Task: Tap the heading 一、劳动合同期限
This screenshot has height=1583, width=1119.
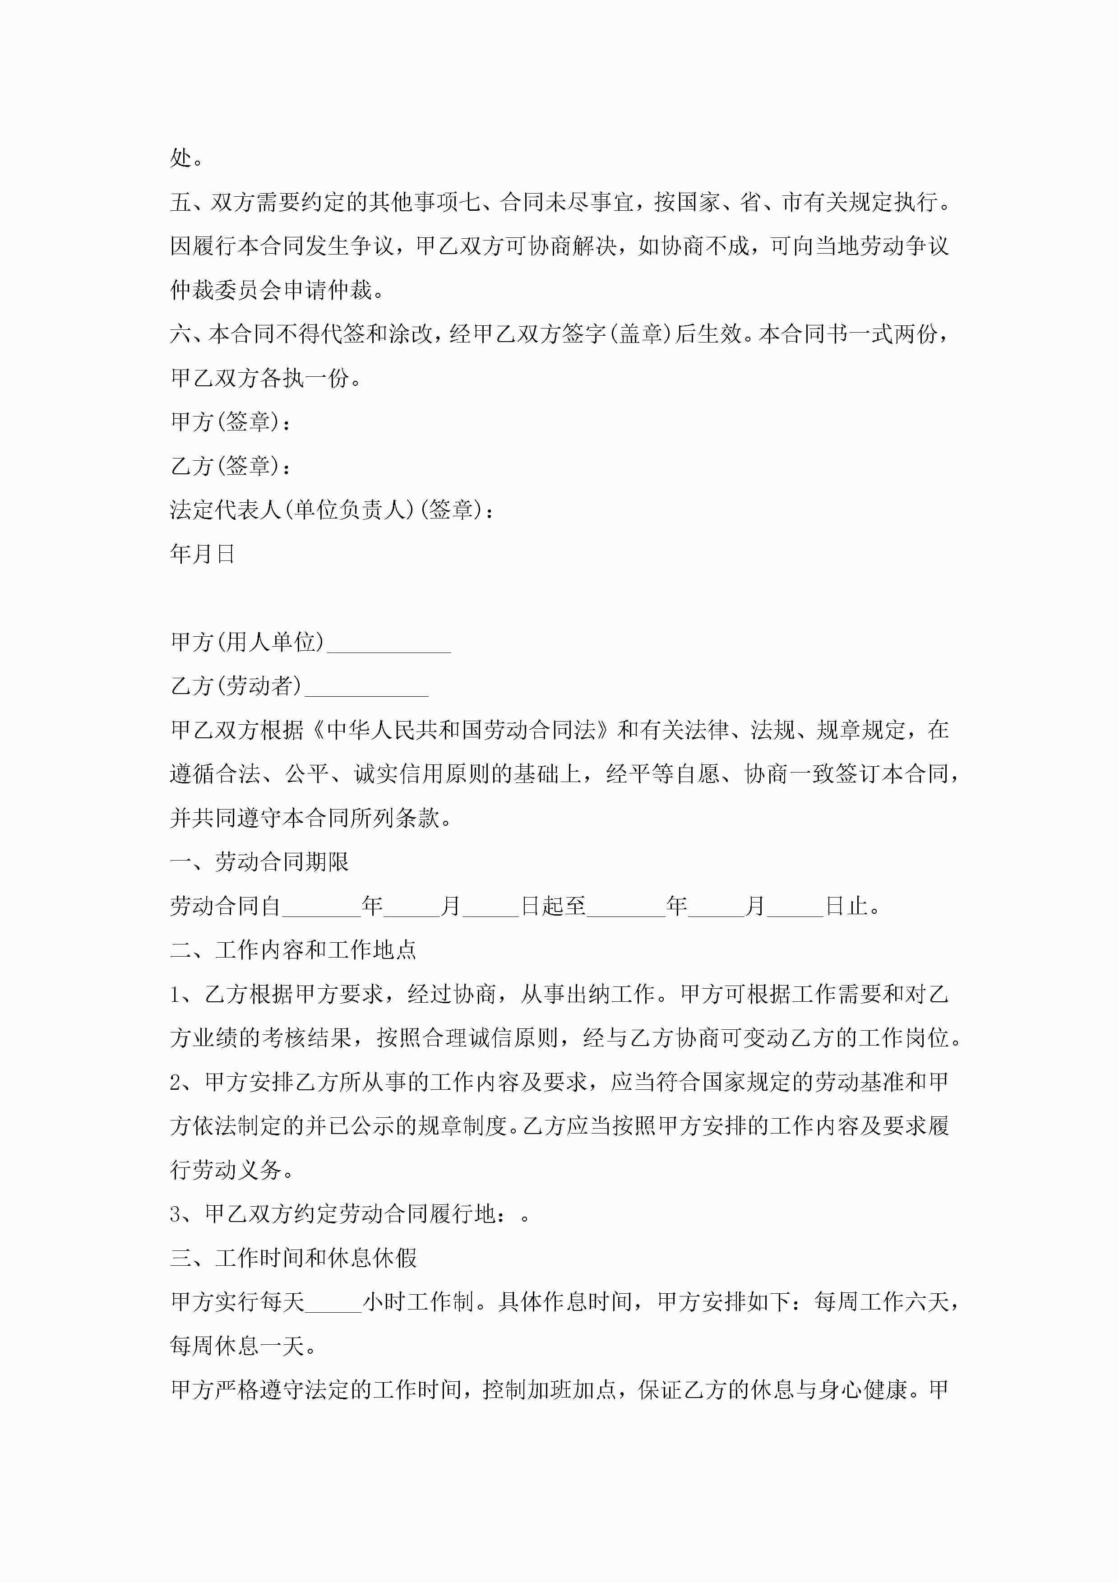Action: point(259,862)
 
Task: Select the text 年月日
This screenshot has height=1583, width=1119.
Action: point(202,554)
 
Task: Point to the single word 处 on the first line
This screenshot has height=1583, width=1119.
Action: point(180,158)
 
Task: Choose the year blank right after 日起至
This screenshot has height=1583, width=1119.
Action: point(626,907)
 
